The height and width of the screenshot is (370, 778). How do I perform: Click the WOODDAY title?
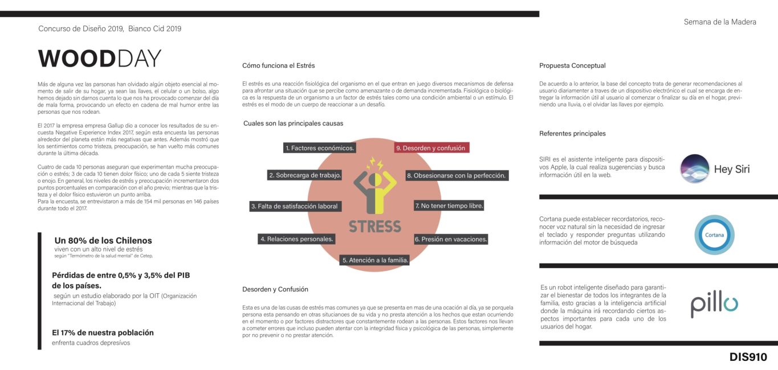99,59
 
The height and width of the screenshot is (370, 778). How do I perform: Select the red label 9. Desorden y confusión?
431,148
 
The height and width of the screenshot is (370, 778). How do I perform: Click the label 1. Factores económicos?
320,148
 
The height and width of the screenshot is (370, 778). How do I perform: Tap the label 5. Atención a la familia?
375,260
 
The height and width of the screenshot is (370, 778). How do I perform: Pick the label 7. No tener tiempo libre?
449,205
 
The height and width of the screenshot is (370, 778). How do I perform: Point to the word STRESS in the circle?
375,226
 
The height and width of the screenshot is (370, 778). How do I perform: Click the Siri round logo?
694,169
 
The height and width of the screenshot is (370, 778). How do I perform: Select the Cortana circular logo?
714,235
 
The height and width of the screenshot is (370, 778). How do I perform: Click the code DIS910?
748,357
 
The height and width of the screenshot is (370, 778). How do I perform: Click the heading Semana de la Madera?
720,22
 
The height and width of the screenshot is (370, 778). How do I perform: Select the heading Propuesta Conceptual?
572,65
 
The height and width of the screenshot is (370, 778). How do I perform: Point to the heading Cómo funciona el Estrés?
278,65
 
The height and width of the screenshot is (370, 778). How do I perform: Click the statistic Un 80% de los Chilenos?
103,240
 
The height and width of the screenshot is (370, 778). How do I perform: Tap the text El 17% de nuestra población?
103,332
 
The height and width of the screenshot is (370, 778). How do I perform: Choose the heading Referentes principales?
572,134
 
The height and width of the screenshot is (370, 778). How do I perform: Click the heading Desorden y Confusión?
275,289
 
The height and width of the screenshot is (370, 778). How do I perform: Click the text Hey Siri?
732,169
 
